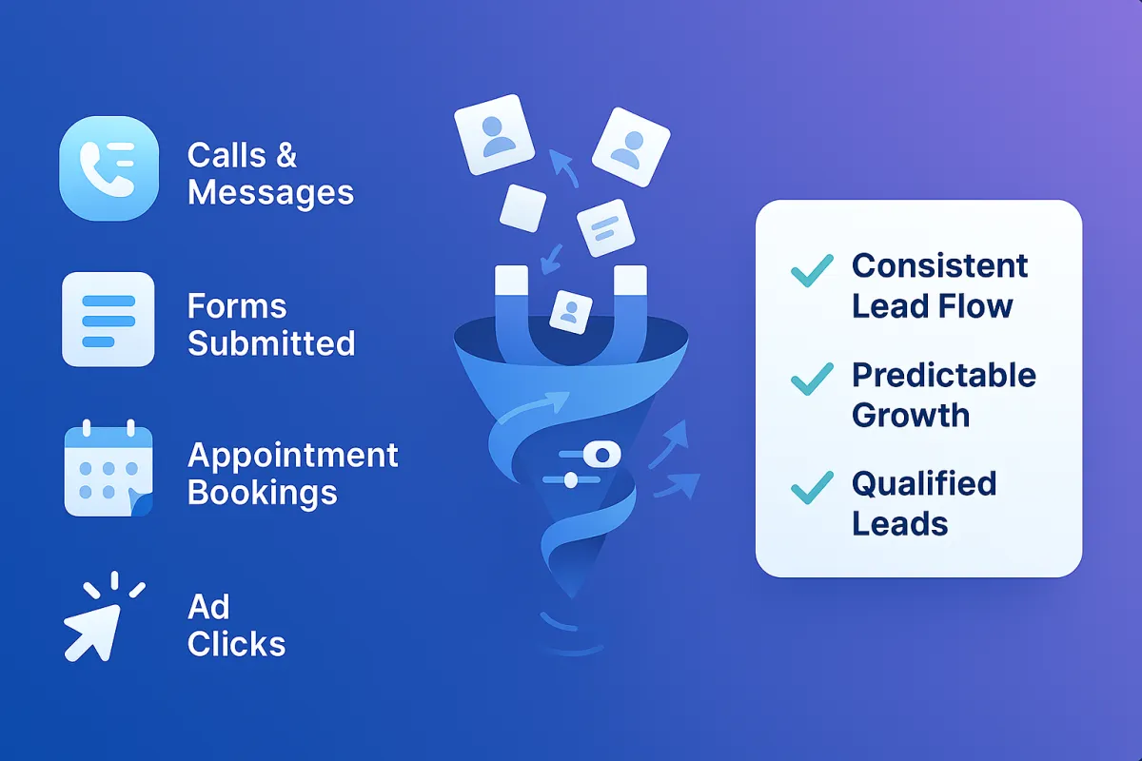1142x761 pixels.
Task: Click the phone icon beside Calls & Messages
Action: [x=108, y=168]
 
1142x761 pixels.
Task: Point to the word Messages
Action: [x=270, y=192]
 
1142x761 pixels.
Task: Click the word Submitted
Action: [x=271, y=342]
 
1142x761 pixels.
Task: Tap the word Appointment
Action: [x=293, y=455]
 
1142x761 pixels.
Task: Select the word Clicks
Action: [x=237, y=644]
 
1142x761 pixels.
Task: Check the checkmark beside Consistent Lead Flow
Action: [x=812, y=271]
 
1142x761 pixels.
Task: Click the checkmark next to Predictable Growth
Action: [x=812, y=380]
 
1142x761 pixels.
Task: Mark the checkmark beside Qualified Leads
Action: [x=812, y=488]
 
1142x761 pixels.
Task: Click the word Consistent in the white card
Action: [x=939, y=265]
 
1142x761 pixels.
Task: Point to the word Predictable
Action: [x=943, y=375]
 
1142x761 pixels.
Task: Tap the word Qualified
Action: [x=923, y=483]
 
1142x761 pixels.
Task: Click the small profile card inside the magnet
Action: [x=571, y=311]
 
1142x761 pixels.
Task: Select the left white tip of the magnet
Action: [x=512, y=282]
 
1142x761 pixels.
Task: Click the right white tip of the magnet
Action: [x=630, y=282]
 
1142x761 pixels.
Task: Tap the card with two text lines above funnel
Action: [x=606, y=227]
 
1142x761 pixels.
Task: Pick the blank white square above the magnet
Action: [x=522, y=208]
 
